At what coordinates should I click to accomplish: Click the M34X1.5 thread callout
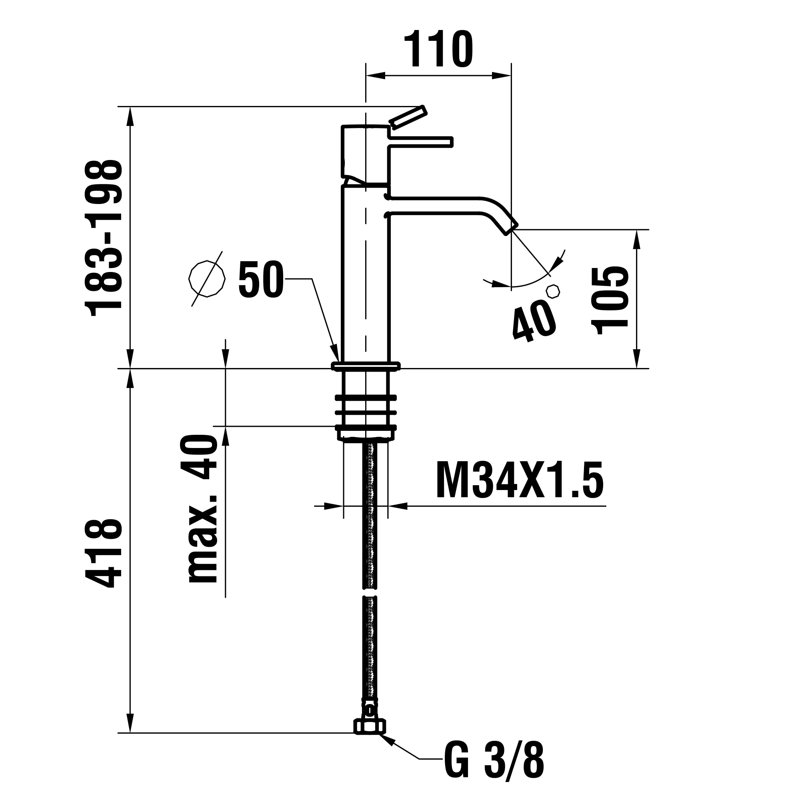(x=520, y=480)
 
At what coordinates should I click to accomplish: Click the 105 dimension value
(x=611, y=301)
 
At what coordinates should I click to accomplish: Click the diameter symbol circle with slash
(x=207, y=279)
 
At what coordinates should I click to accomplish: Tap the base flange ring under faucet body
(x=366, y=366)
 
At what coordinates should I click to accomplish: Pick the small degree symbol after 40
(x=553, y=291)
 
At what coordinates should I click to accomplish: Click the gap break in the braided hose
(x=370, y=592)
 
